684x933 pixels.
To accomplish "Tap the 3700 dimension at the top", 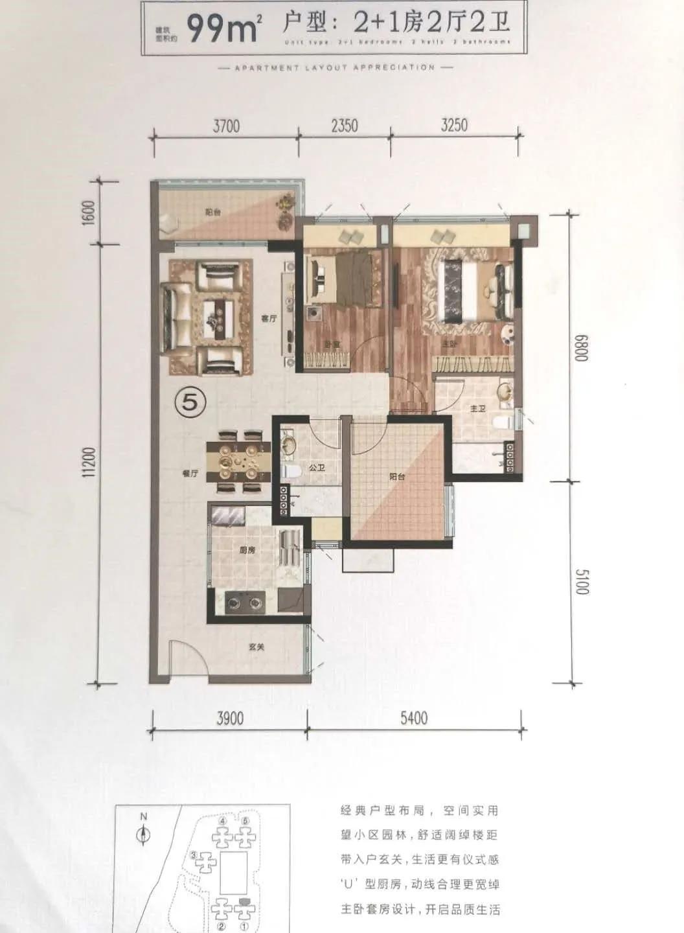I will pyautogui.click(x=226, y=125).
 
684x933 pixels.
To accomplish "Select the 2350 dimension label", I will pyautogui.click(x=344, y=124).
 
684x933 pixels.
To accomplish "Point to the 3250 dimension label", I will pyautogui.click(x=453, y=124).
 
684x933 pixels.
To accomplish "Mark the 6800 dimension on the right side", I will pyautogui.click(x=580, y=348).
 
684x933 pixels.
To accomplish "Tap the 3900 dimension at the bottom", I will pyautogui.click(x=230, y=718).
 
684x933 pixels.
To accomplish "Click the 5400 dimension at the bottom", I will pyautogui.click(x=414, y=718).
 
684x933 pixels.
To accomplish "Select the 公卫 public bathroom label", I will pyautogui.click(x=317, y=467).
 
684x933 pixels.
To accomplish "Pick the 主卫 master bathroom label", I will pyautogui.click(x=477, y=409).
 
